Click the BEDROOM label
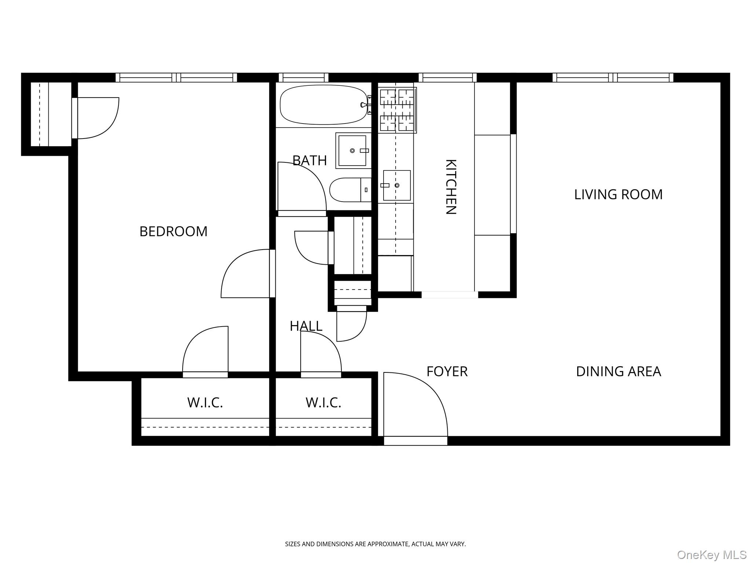[173, 232]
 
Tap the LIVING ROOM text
[618, 195]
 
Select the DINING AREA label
[618, 372]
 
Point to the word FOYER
[447, 372]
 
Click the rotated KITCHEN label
[450, 187]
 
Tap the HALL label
[306, 326]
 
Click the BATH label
[309, 161]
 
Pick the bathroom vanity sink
[352, 150]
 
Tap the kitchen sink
[397, 185]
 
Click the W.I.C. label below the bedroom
[205, 403]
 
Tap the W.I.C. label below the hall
[323, 403]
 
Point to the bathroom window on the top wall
[303, 78]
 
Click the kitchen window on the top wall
[447, 78]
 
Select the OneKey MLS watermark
[711, 554]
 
